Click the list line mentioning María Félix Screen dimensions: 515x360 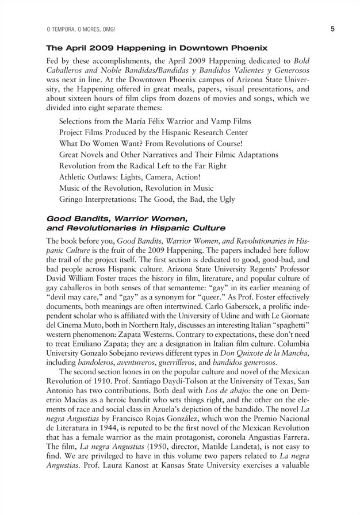point(155,122)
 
